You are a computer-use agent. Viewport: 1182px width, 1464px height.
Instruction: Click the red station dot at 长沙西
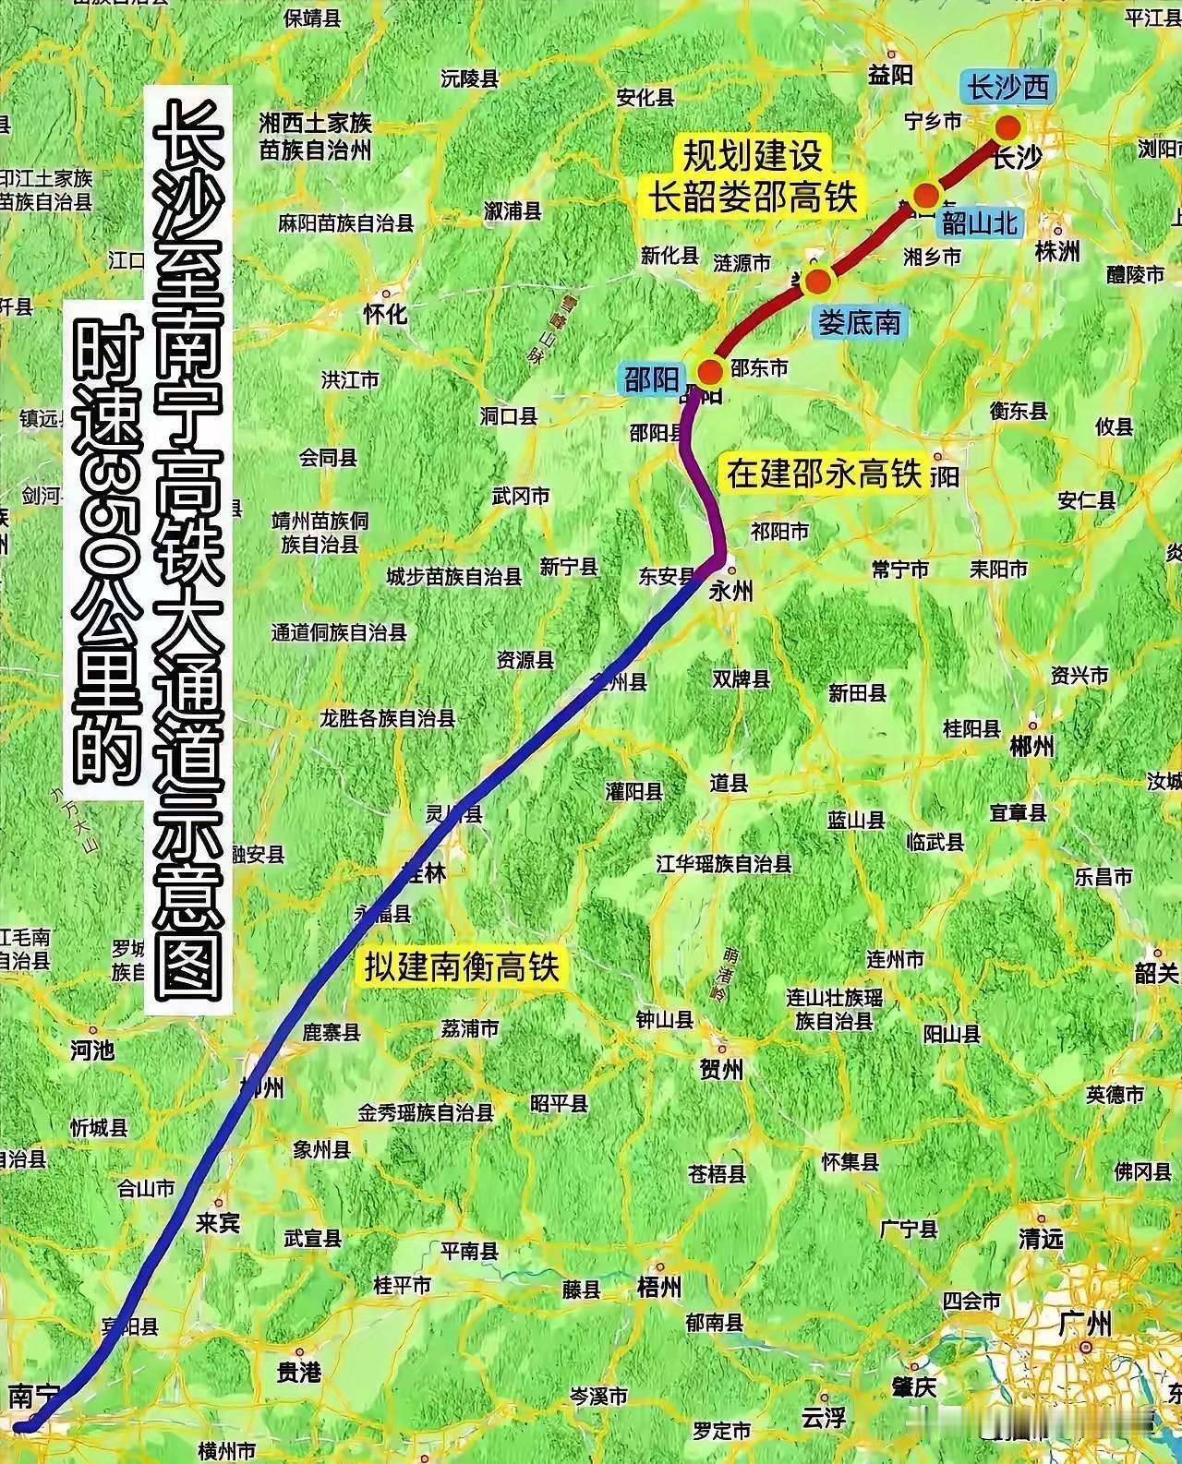click(x=1007, y=126)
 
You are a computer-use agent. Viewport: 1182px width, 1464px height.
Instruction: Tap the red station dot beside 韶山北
click(x=925, y=196)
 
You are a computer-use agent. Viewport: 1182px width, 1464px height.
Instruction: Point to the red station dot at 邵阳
click(x=709, y=371)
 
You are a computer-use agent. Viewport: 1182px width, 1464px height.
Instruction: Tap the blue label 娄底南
click(x=858, y=321)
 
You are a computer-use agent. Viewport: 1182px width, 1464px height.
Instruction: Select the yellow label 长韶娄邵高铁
click(x=753, y=198)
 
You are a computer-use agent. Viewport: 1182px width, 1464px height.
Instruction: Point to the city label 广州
click(x=1086, y=1326)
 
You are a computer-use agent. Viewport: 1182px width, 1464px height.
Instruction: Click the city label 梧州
click(x=659, y=1286)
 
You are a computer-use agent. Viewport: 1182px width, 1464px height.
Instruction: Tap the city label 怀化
click(x=385, y=314)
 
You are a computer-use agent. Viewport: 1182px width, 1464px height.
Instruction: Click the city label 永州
click(x=730, y=591)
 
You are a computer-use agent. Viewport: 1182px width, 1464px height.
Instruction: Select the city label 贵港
click(x=299, y=1373)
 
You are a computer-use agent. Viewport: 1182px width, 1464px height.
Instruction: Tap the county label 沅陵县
click(x=470, y=79)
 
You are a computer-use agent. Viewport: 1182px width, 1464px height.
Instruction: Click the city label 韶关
click(x=1157, y=972)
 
